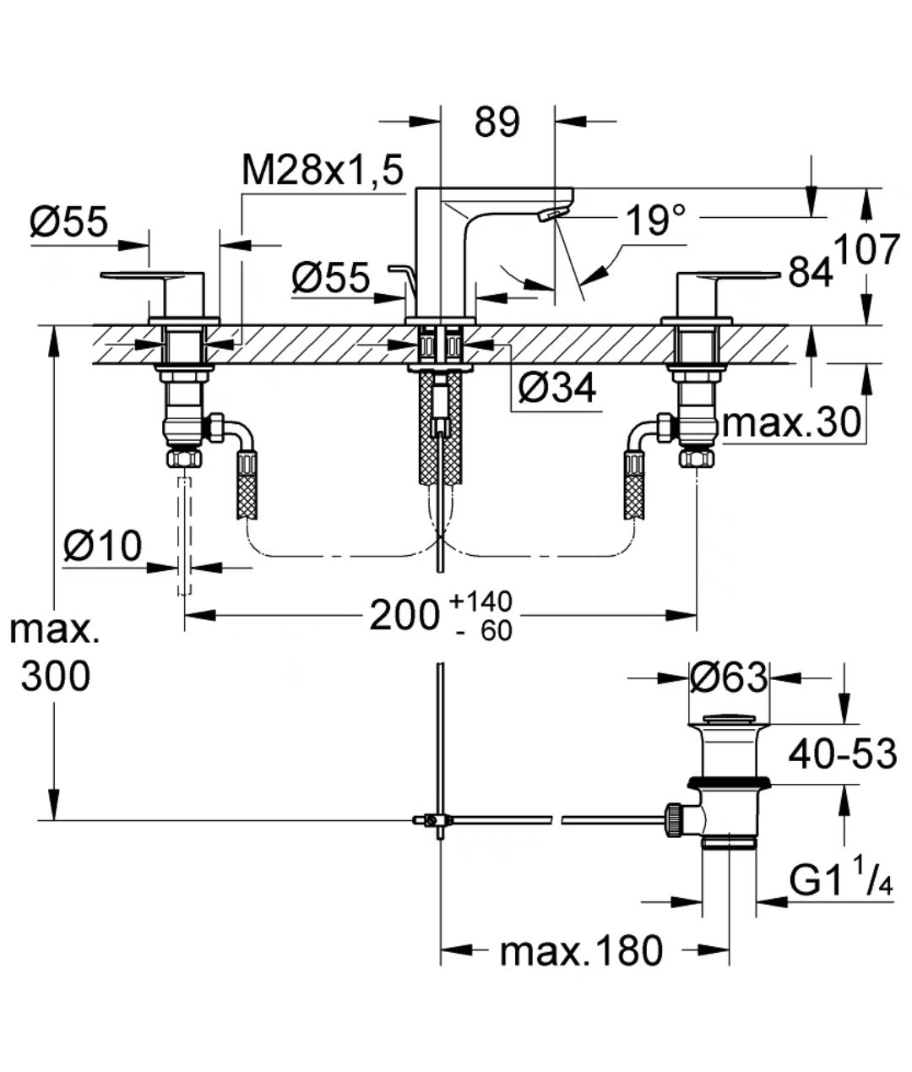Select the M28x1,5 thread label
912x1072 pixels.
click(x=322, y=171)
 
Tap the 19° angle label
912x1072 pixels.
click(x=655, y=221)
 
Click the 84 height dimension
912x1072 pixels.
click(x=809, y=273)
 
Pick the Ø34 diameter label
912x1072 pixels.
click(x=556, y=388)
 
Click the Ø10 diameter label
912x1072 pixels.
click(x=102, y=547)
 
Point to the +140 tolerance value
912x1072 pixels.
click(x=480, y=601)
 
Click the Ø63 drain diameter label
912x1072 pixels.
click(x=728, y=677)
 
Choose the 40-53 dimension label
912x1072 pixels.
click(x=842, y=753)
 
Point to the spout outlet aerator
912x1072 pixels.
click(x=551, y=215)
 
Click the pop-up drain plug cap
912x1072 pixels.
click(x=731, y=720)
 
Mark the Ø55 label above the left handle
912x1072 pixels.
click(x=69, y=223)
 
